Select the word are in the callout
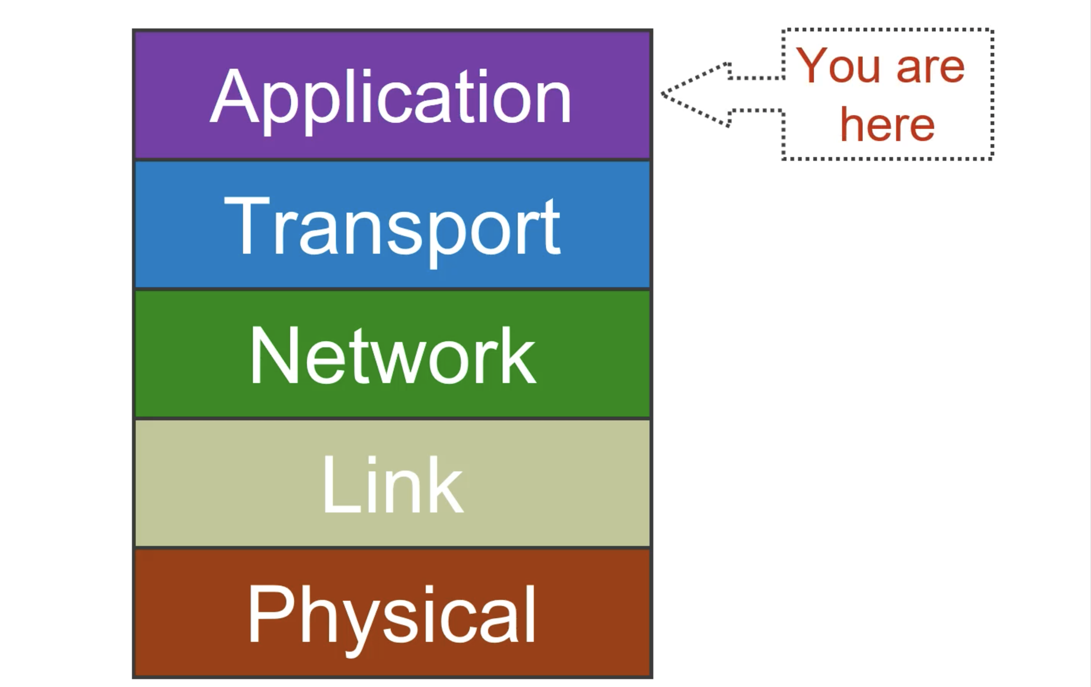(930, 68)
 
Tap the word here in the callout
(887, 125)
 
